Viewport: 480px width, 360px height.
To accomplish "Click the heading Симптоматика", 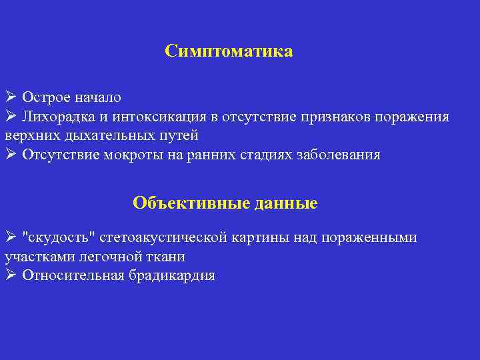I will pyautogui.click(x=229, y=51).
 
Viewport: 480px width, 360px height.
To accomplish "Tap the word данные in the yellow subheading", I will pyautogui.click(x=286, y=203).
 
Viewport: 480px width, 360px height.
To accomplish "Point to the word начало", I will pyautogui.click(x=97, y=97).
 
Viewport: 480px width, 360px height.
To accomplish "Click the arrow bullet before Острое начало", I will pyautogui.click(x=11, y=97).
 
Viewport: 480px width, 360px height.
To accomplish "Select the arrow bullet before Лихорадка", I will pyautogui.click(x=11, y=117).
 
